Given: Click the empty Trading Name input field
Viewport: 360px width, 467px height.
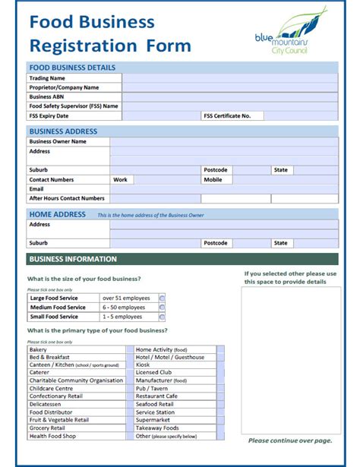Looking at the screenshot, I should coord(229,77).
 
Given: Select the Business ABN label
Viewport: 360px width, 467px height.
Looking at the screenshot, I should coord(46,97).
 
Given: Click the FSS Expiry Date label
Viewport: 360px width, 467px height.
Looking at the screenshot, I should coord(49,116).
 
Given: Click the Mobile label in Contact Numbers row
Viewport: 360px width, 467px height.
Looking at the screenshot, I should coord(213,180).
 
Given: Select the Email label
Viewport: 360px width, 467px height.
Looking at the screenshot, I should coord(36,189).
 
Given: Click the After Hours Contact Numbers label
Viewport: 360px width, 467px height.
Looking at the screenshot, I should coord(67,198).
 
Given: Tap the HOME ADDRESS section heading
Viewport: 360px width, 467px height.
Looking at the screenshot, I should coord(57,215).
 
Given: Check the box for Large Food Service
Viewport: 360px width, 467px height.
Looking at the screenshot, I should coord(162,298).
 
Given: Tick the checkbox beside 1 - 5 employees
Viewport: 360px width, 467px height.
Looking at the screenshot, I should coord(162,317).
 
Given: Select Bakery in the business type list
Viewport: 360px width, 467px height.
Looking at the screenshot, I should coord(39,349).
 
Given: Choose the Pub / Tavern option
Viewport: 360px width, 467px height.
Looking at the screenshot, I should coord(152,388).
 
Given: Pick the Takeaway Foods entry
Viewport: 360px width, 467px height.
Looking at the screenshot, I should coord(157,428).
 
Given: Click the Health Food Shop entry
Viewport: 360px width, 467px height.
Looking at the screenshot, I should coord(52,436).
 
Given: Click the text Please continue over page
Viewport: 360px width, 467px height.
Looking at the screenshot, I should coord(289,440).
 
